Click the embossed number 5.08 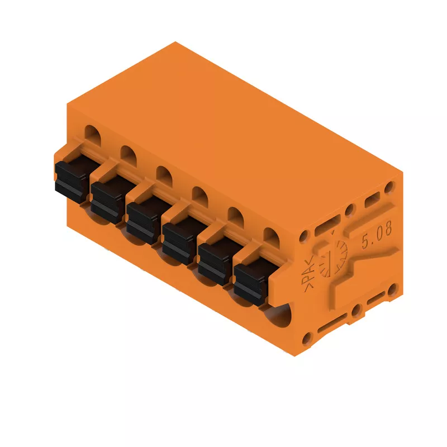(x=377, y=235)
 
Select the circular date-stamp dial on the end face (x=333, y=258)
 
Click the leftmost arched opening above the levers (x=93, y=136)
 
